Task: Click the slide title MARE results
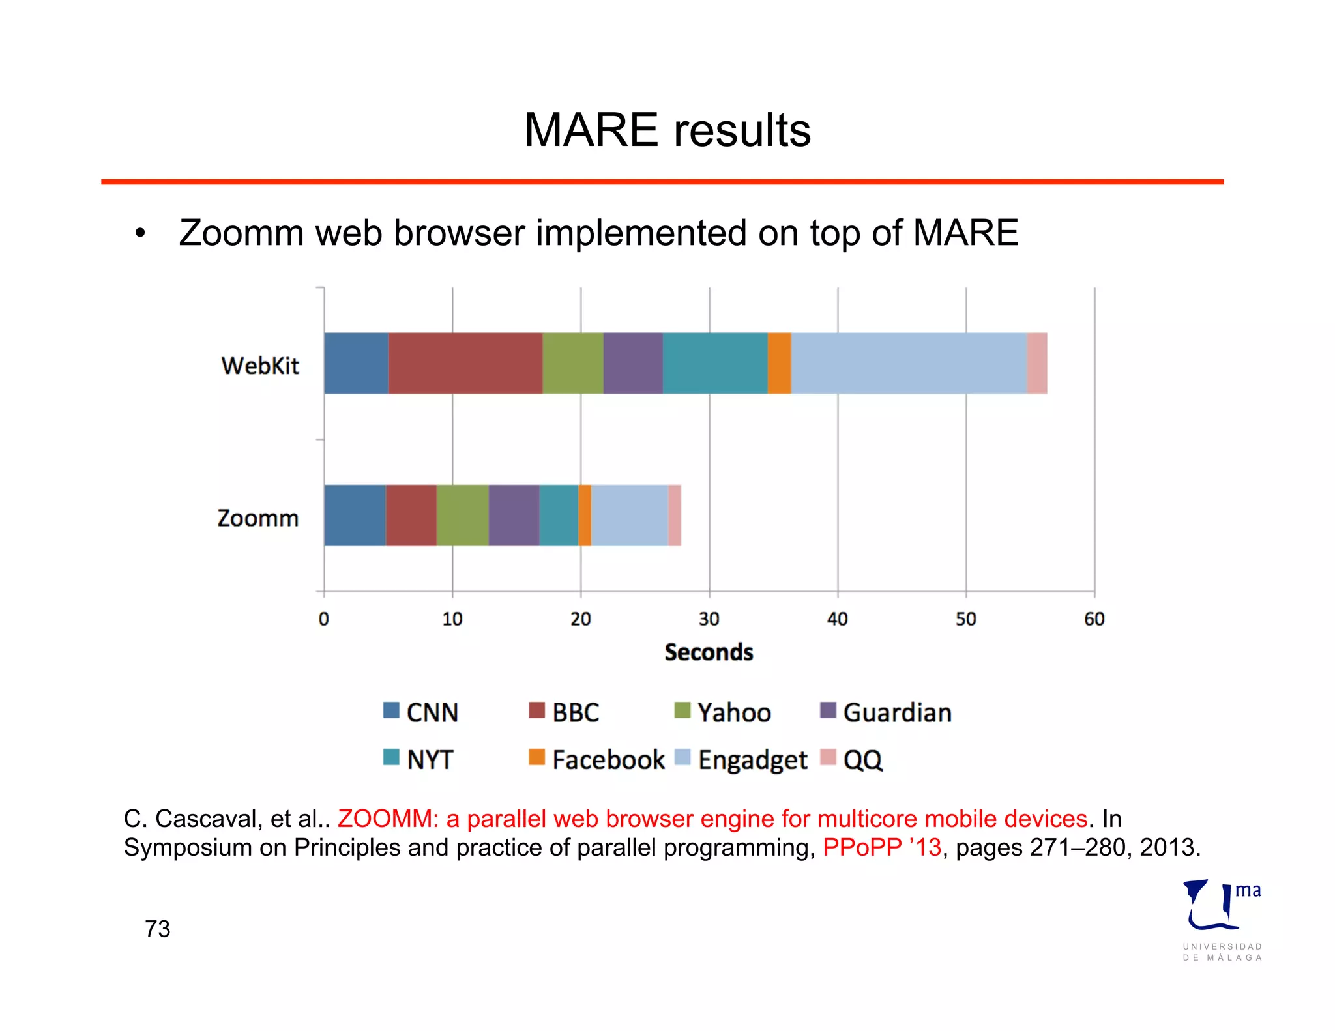click(667, 130)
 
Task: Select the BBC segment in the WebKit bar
click(465, 363)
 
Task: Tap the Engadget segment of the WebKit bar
click(909, 363)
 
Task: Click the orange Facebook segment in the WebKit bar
click(779, 363)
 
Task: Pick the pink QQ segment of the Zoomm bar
click(675, 515)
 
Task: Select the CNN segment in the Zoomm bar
click(355, 515)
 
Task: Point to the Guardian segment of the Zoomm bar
click(514, 515)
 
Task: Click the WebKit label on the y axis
click(260, 366)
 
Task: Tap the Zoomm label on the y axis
click(258, 518)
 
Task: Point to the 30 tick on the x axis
click(709, 618)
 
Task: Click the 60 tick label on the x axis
click(1094, 618)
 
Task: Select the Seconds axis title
click(709, 652)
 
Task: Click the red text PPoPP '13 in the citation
click(881, 847)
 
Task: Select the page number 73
click(158, 929)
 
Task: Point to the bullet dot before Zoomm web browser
click(139, 233)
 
